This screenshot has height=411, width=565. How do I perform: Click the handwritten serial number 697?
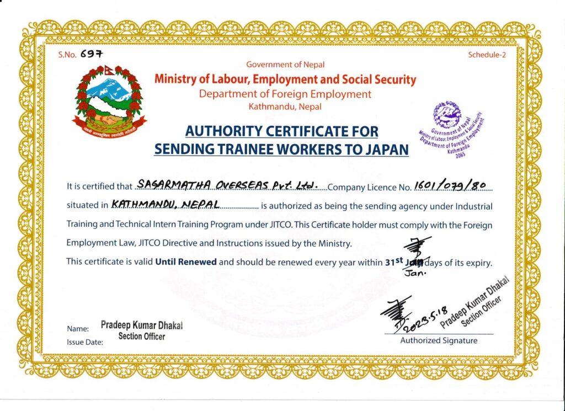91,54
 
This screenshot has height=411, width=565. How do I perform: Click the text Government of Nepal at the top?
285,65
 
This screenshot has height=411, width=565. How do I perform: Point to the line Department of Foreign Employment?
285,94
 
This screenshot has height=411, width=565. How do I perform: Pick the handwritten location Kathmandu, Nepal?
166,204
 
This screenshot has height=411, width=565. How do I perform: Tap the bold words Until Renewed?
186,261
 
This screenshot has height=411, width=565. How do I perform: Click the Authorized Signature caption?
439,340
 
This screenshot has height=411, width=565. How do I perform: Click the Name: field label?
78,329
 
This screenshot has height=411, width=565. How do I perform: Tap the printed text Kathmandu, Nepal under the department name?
285,106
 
